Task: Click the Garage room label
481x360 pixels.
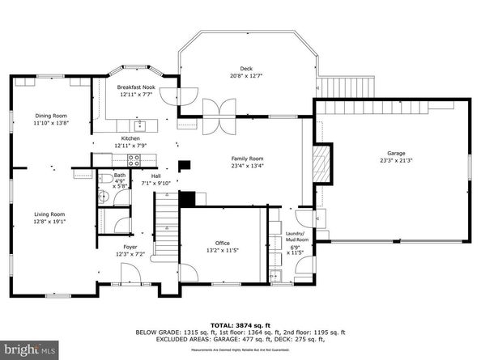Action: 395,153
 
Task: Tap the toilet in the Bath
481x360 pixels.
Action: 106,180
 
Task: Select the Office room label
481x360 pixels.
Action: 223,243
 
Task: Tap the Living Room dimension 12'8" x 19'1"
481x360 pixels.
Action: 49,221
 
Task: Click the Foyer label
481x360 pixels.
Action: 130,247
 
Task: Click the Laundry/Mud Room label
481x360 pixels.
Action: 297,237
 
